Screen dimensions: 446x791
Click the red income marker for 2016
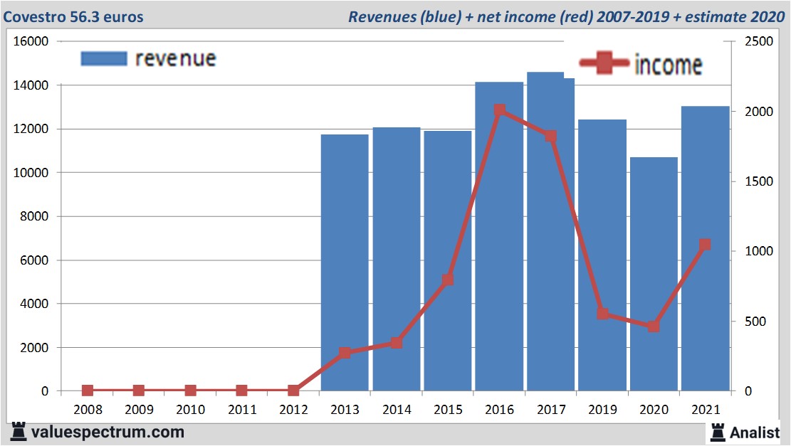[499, 110]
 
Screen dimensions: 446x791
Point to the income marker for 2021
[705, 245]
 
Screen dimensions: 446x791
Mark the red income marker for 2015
[448, 280]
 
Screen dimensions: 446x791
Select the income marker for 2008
[88, 391]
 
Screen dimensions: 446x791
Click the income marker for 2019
[602, 314]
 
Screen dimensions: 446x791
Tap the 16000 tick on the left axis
[31, 41]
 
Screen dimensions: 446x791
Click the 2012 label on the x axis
[293, 410]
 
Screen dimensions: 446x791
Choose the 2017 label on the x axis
[550, 410]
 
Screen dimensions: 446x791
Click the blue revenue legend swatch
[103, 58]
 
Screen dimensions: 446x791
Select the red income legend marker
[604, 63]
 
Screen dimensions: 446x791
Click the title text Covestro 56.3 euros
[73, 16]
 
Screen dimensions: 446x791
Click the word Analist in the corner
[755, 432]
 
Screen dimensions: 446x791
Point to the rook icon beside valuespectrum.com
[19, 431]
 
